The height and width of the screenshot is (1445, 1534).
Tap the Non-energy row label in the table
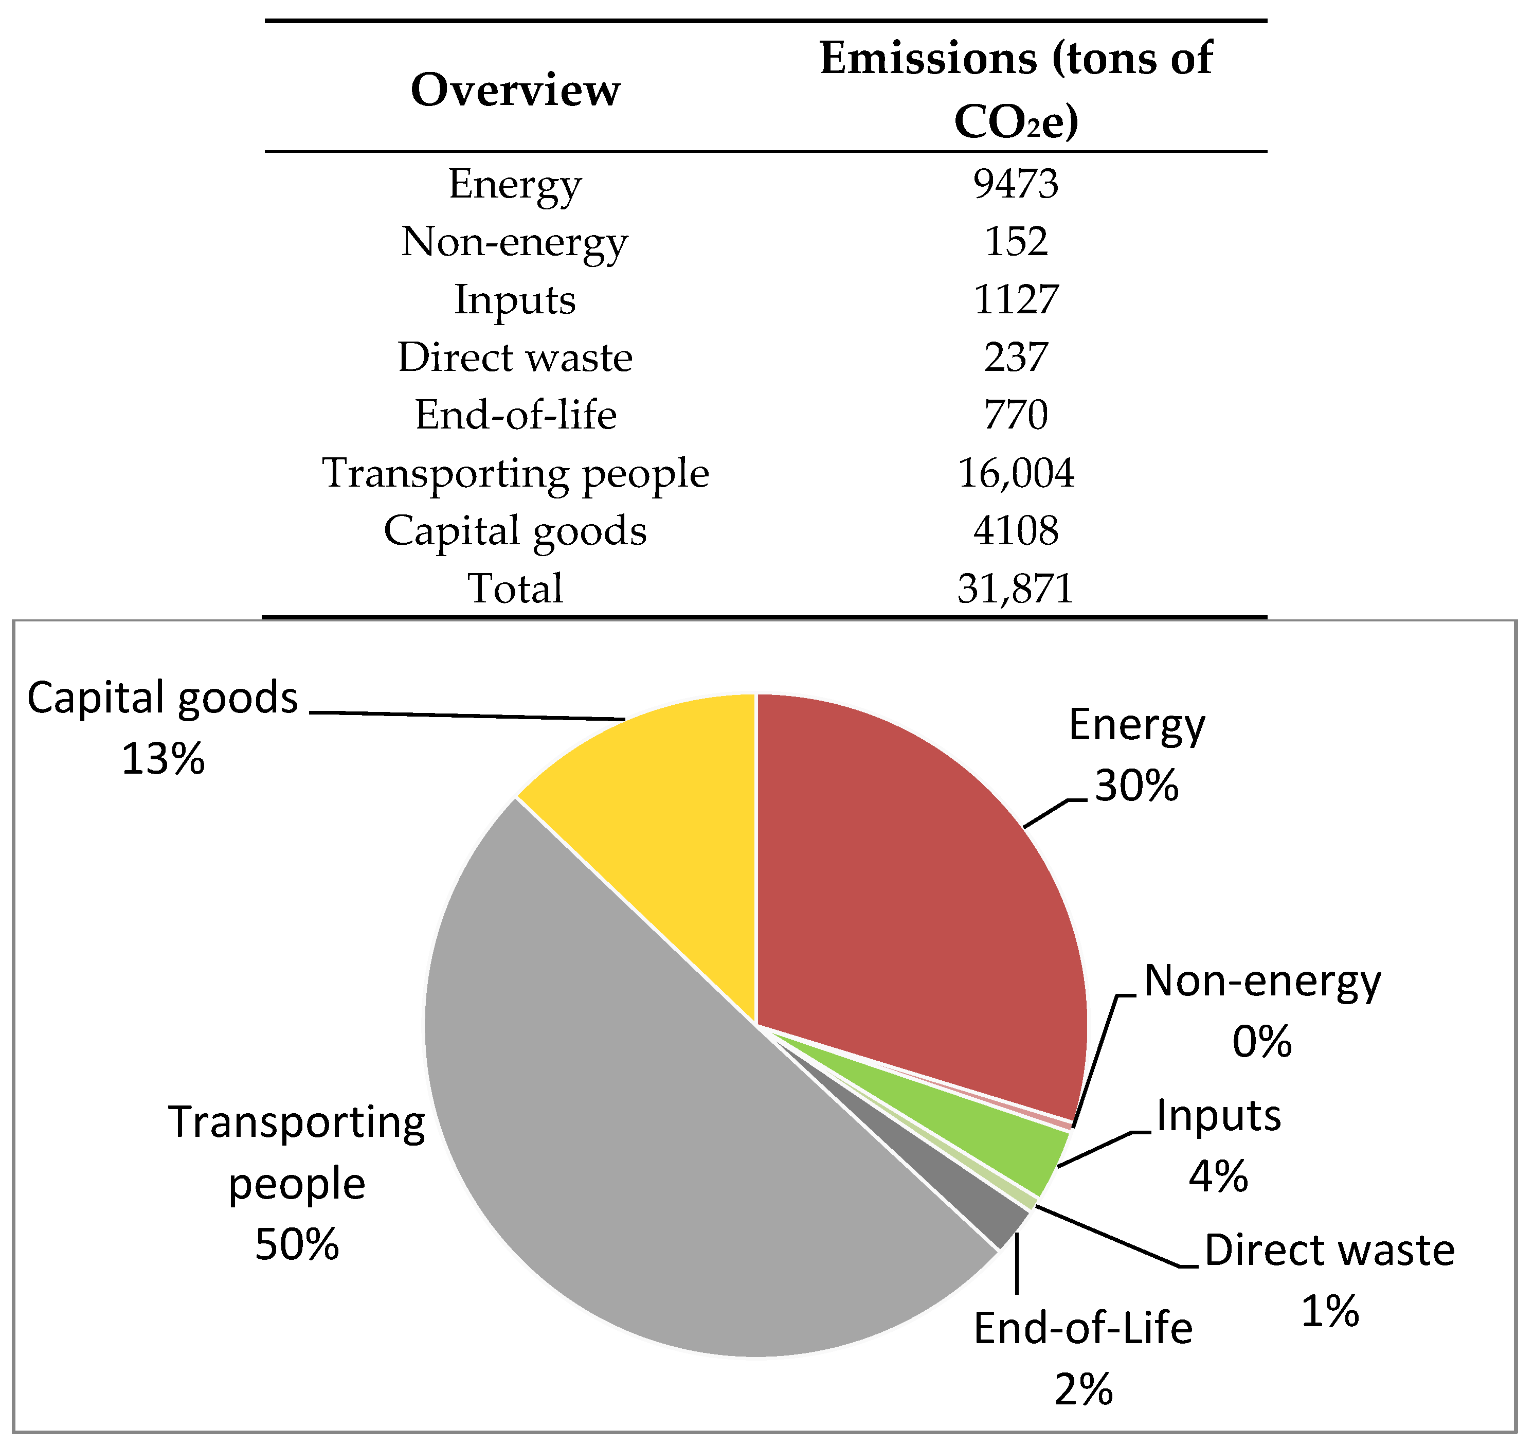click(x=515, y=242)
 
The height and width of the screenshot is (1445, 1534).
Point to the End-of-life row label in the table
click(x=515, y=415)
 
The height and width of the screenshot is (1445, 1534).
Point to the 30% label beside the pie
click(x=1136, y=786)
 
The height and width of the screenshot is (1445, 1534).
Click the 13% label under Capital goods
click(x=163, y=759)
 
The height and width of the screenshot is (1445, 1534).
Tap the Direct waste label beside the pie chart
click(x=1329, y=1251)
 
